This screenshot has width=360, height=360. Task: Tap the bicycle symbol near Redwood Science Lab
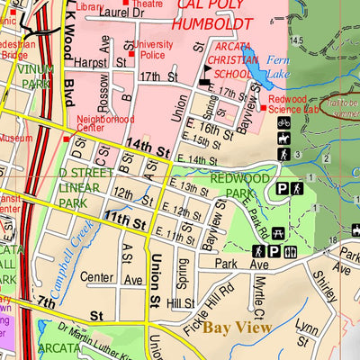(283, 123)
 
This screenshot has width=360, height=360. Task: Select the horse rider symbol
(283, 139)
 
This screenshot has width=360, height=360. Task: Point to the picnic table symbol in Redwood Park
(275, 251)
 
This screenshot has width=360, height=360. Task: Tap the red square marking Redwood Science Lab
(263, 108)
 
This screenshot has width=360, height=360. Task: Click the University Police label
(155, 49)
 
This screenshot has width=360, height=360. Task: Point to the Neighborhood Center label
(106, 123)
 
